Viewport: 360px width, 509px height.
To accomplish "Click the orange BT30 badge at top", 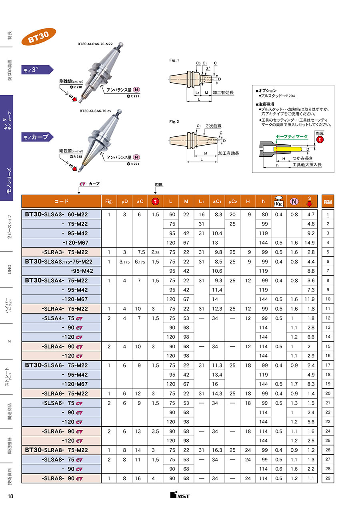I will tap(39, 37).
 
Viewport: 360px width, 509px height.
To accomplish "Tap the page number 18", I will tap(11, 496).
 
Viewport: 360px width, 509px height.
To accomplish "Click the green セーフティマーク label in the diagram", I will tap(292, 137).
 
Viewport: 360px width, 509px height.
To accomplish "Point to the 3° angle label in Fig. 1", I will tap(208, 68).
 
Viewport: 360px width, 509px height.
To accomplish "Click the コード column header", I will tap(61, 202).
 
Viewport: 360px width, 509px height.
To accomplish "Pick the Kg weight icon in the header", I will tap(278, 202).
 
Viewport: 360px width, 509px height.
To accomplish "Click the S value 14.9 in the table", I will tap(310, 243).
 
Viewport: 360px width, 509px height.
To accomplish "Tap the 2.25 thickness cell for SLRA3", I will tap(155, 252).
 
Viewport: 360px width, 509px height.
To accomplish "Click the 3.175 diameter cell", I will tap(124, 261).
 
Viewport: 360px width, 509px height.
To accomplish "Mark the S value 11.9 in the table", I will tap(310, 299).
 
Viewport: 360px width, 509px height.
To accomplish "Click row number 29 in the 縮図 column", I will tap(328, 479).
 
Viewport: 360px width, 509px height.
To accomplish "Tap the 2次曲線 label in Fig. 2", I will tap(214, 126).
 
